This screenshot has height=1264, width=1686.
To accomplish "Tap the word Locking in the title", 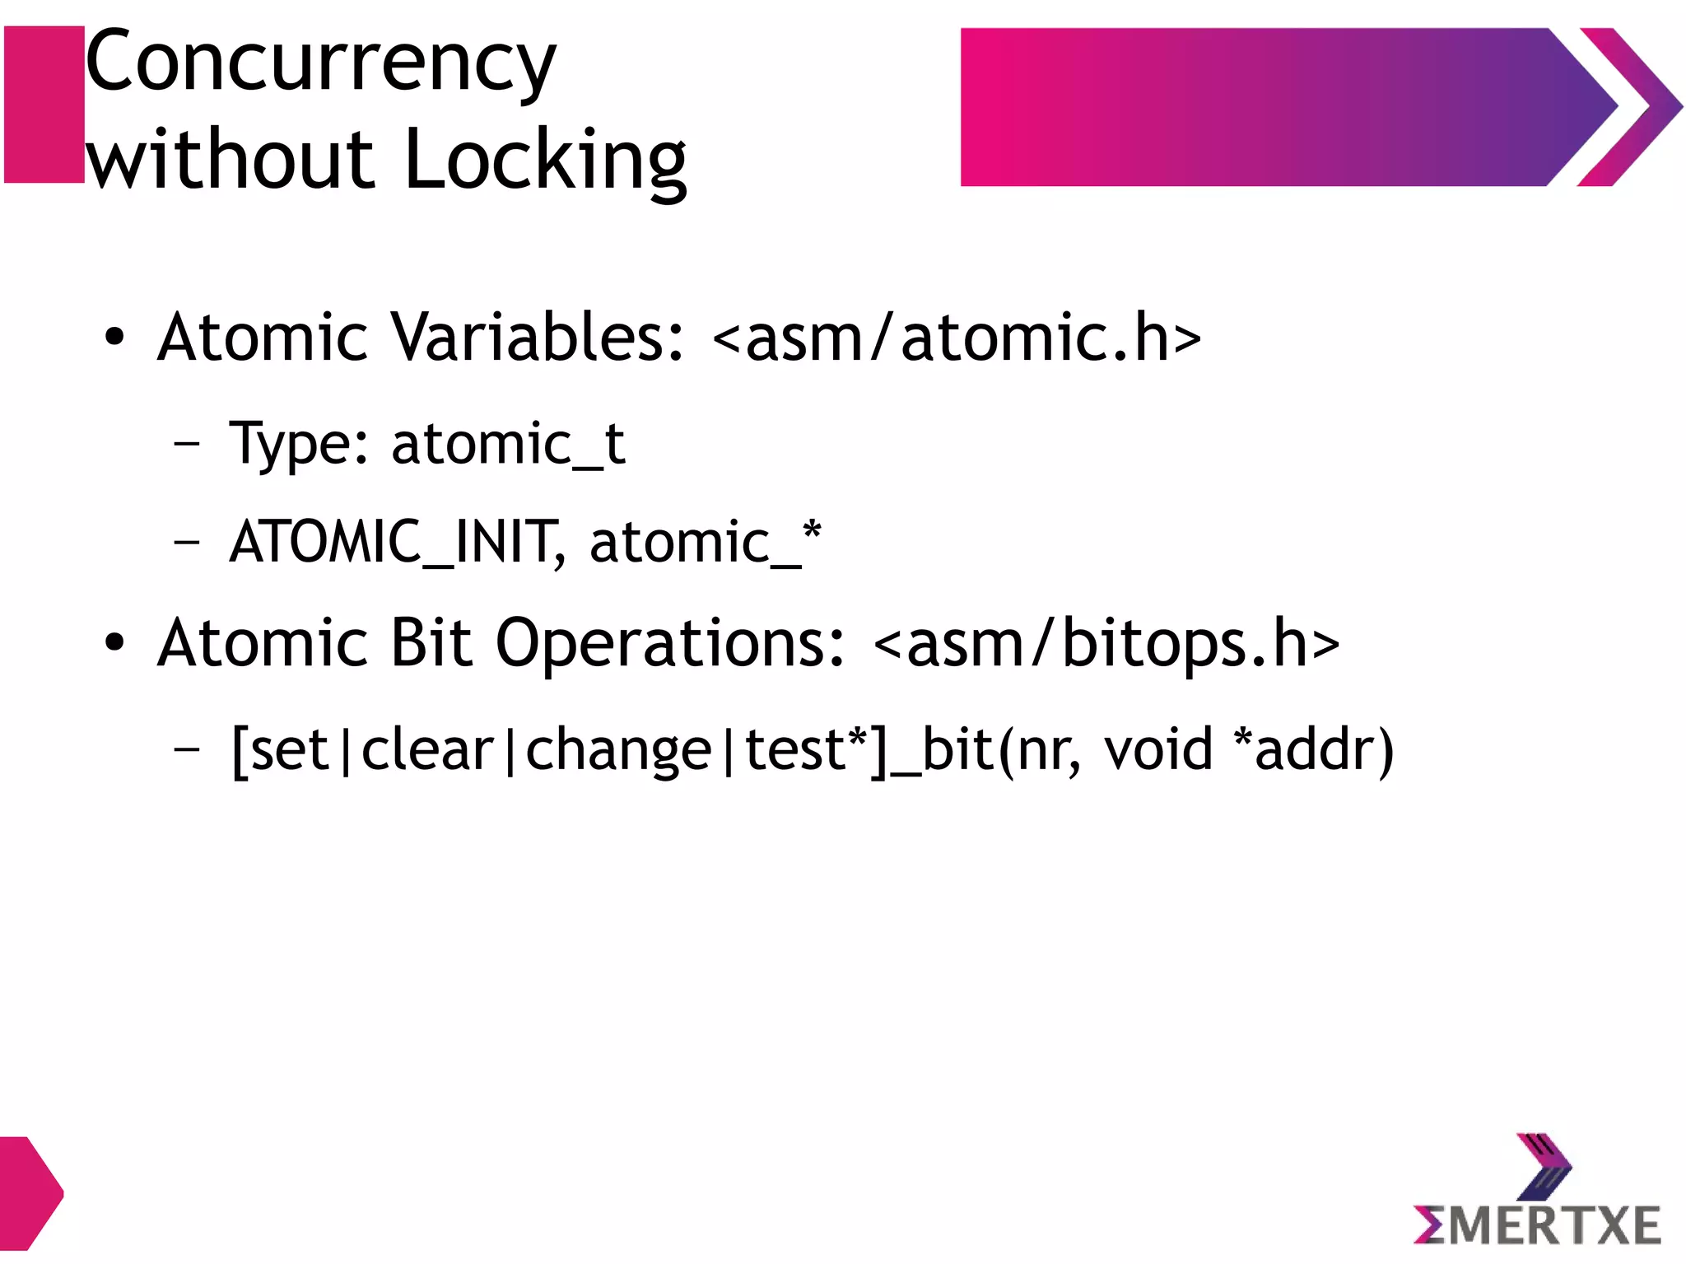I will click(545, 161).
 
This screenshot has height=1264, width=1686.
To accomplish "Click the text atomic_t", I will click(508, 445).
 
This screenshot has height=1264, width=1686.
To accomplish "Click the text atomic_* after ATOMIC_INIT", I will click(705, 542).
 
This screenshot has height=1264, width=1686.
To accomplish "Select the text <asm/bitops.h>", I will click(1106, 644).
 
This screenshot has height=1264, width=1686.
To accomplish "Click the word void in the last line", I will click(1158, 749).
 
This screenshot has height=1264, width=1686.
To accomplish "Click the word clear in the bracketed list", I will click(427, 749).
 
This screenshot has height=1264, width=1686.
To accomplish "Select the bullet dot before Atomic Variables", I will click(114, 338).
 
